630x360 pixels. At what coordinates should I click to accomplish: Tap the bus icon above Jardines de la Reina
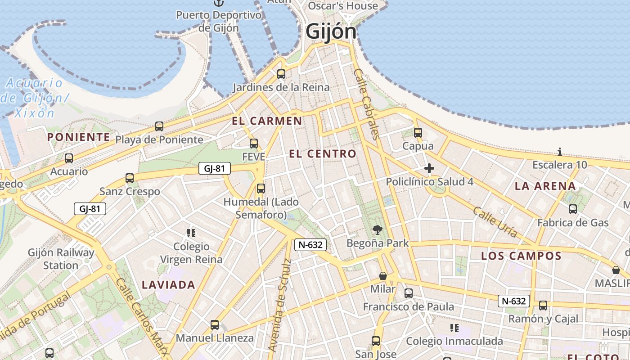[x=281, y=74]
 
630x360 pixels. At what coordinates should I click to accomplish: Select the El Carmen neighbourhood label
[x=267, y=121]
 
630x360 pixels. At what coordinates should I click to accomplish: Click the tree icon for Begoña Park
[x=378, y=230]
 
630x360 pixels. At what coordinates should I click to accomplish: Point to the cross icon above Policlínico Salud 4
[x=429, y=169]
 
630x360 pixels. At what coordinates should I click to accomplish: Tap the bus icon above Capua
[x=418, y=133]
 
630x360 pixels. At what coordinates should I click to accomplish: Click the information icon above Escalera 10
[x=560, y=152]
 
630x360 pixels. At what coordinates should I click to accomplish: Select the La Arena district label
[x=545, y=186]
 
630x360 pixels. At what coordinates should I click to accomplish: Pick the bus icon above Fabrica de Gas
[x=573, y=209]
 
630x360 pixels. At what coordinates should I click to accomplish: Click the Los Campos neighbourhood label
[x=521, y=256]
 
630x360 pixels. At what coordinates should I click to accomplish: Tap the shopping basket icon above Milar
[x=383, y=276]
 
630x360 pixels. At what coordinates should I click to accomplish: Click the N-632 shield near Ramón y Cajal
[x=513, y=301]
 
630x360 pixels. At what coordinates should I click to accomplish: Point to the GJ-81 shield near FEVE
[x=214, y=169]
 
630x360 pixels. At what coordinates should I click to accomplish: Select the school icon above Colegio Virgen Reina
[x=191, y=233]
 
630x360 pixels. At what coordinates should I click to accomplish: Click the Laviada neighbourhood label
[x=168, y=284]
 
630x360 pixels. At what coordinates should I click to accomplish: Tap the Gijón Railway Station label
[x=61, y=259]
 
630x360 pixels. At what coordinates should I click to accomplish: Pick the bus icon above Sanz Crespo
[x=130, y=178]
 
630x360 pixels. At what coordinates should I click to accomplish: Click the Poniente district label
[x=79, y=137]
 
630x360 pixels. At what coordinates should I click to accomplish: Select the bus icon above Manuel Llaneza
[x=215, y=324]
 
